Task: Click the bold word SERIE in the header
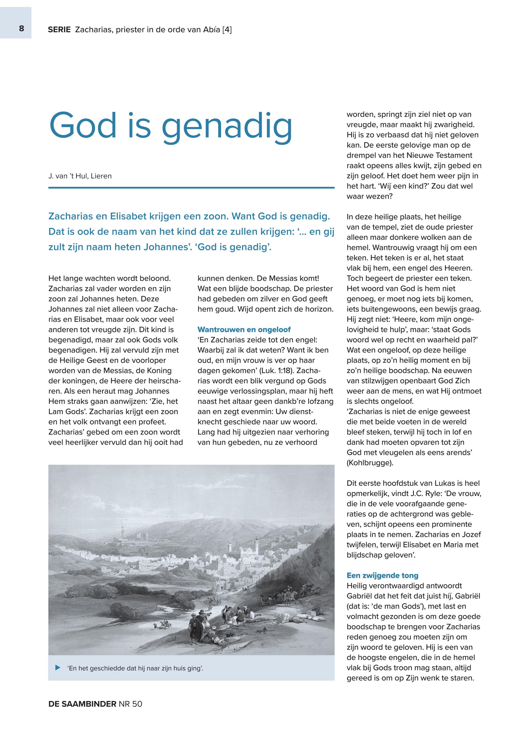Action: pyautogui.click(x=59, y=30)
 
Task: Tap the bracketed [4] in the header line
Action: pyautogui.click(x=227, y=30)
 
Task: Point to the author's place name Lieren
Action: pyautogui.click(x=101, y=176)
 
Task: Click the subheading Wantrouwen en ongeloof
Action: pyautogui.click(x=244, y=329)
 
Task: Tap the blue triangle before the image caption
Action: pyautogui.click(x=58, y=667)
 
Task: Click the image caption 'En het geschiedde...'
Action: pyautogui.click(x=135, y=668)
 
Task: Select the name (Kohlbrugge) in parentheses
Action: pyautogui.click(x=370, y=463)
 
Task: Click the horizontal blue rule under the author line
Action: pyautogui.click(x=191, y=188)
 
